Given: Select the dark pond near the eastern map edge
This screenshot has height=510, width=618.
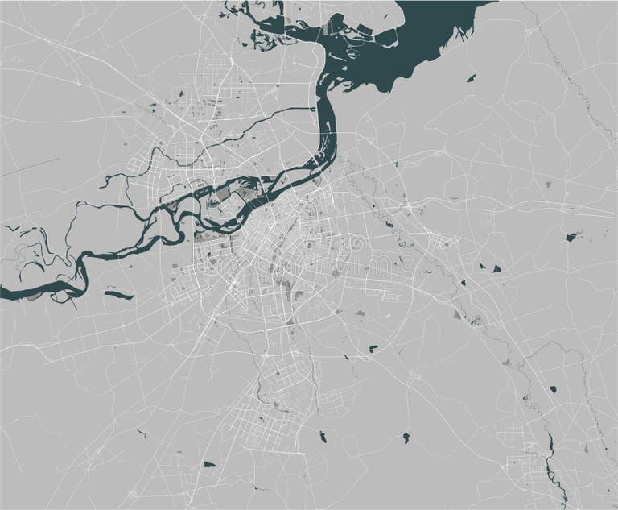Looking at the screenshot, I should (x=572, y=237).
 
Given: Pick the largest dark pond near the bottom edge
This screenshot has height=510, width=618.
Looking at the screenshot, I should (x=211, y=465).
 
